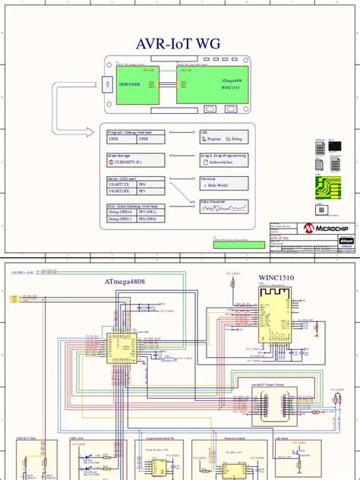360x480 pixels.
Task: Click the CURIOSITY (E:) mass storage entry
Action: click(134, 162)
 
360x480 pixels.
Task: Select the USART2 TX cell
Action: click(122, 185)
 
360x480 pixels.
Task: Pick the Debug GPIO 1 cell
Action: click(122, 219)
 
